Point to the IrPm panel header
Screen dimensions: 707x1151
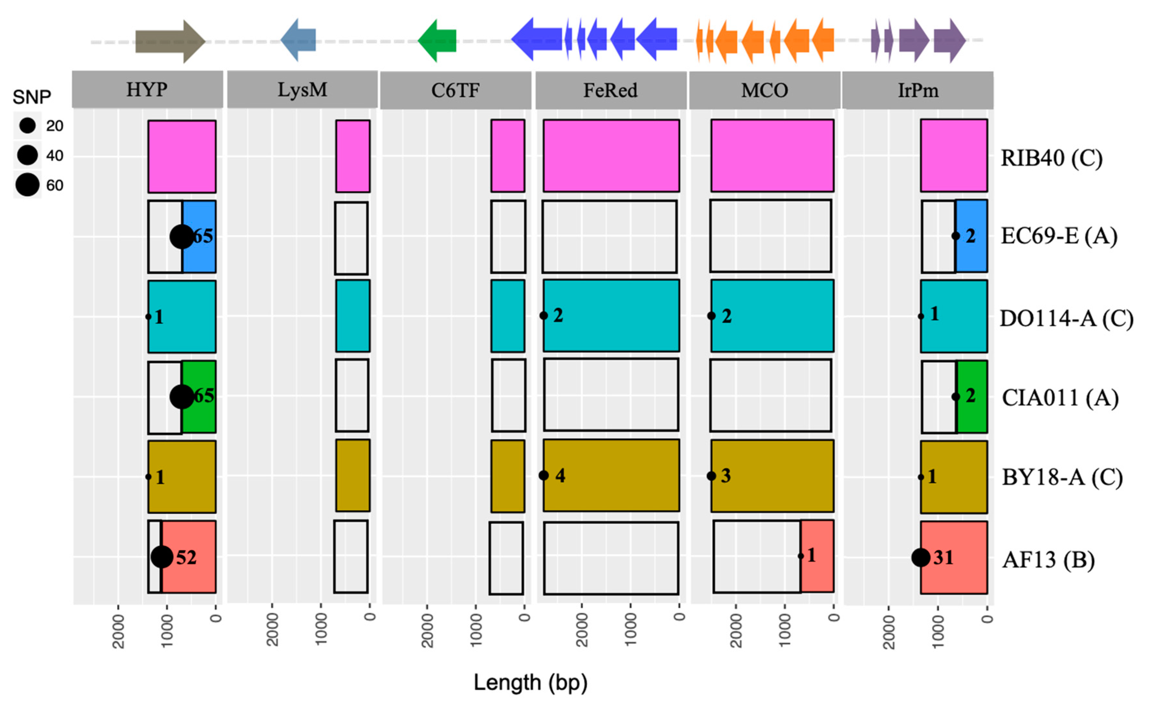pyautogui.click(x=918, y=90)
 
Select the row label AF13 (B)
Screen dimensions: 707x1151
pyautogui.click(x=1048, y=559)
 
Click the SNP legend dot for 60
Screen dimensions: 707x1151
pyautogui.click(x=27, y=185)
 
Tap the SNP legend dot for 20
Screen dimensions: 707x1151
pyautogui.click(x=27, y=125)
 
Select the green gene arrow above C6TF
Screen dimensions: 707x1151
pyautogui.click(x=437, y=41)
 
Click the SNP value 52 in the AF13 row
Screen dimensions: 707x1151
pyautogui.click(x=186, y=557)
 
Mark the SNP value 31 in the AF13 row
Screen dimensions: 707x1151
pyautogui.click(x=943, y=557)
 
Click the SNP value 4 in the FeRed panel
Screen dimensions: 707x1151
pyautogui.click(x=560, y=476)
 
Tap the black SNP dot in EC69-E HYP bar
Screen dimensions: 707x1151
pyautogui.click(x=181, y=237)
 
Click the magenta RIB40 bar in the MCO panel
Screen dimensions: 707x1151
pyautogui.click(x=772, y=156)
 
